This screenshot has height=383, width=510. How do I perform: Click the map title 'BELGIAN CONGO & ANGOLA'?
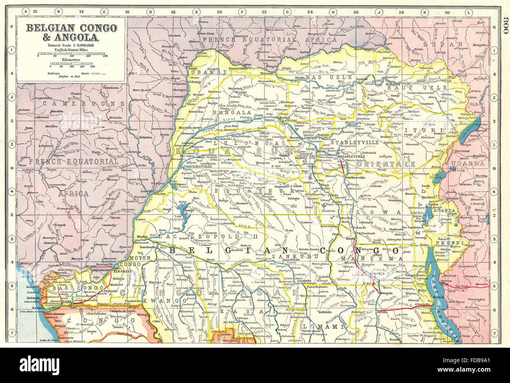pyautogui.click(x=71, y=33)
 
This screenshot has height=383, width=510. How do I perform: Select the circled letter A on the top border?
pyautogui.click(x=26, y=12)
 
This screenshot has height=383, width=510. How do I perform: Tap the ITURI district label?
pyautogui.click(x=429, y=130)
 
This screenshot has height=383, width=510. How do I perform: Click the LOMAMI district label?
pyautogui.click(x=325, y=326)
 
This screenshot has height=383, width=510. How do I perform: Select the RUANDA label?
pyautogui.click(x=444, y=211)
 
